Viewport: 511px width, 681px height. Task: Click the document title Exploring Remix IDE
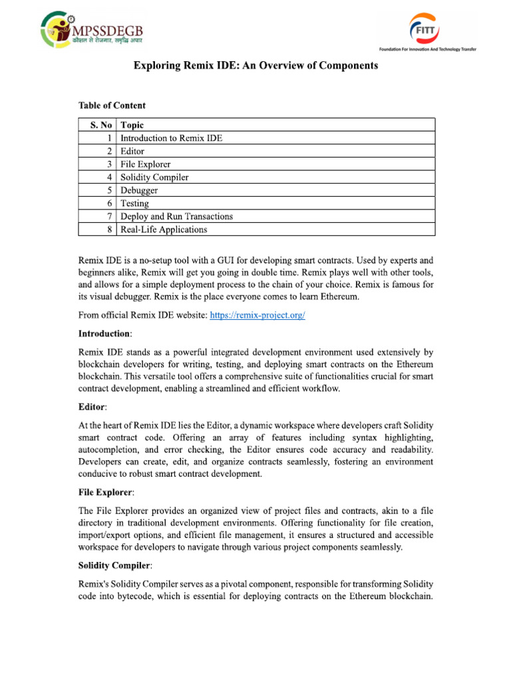pyautogui.click(x=256, y=66)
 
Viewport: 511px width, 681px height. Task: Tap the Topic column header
pyautogui.click(x=132, y=125)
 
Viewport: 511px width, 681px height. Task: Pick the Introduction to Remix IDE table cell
pyautogui.click(x=171, y=138)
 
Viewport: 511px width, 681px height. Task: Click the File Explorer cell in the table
pyautogui.click(x=145, y=164)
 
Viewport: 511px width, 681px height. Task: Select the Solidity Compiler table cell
pyautogui.click(x=154, y=178)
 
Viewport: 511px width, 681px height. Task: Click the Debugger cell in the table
pyautogui.click(x=139, y=190)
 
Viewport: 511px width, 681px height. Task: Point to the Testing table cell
pyautogui.click(x=134, y=204)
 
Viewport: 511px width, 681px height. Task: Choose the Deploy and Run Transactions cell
pyautogui.click(x=176, y=216)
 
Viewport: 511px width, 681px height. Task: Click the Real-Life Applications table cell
pyautogui.click(x=164, y=229)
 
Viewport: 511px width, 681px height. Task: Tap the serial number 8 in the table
pyautogui.click(x=111, y=229)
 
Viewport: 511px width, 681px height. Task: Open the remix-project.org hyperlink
pyautogui.click(x=257, y=316)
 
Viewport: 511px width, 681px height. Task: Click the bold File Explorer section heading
pyautogui.click(x=106, y=492)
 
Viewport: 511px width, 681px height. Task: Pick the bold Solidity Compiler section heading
pyautogui.click(x=115, y=565)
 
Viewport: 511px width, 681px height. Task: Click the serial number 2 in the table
pyautogui.click(x=111, y=152)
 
